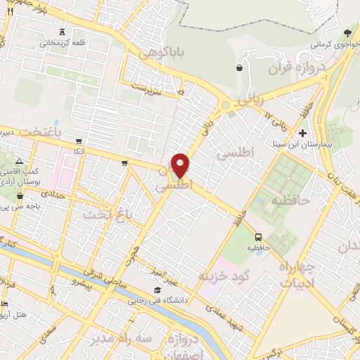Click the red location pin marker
click(181, 165)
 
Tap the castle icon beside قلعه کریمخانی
click(64, 32)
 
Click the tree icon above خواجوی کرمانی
click(347, 32)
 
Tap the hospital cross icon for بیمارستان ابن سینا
click(303, 133)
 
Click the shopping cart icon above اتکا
click(78, 141)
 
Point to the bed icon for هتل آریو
click(5, 304)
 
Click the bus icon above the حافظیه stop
click(259, 237)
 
